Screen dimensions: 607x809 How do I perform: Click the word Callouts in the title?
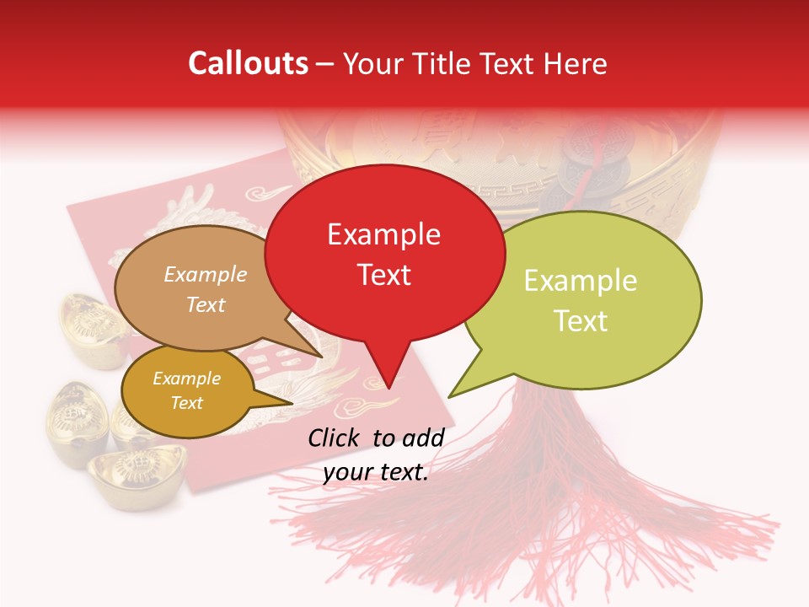point(248,63)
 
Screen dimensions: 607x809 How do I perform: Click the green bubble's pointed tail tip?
point(451,395)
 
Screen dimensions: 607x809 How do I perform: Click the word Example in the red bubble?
point(384,234)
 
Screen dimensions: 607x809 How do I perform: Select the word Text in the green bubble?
point(581,320)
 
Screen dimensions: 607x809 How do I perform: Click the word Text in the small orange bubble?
point(187,403)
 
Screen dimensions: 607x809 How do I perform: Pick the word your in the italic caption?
point(347,472)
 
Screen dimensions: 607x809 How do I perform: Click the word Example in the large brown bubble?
point(206,274)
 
